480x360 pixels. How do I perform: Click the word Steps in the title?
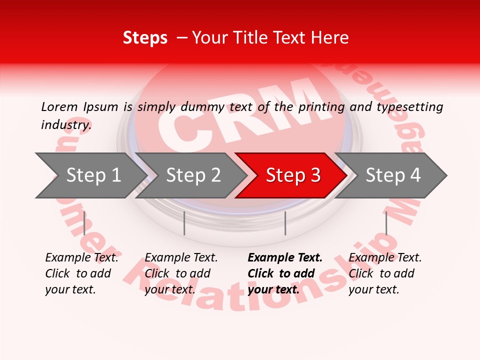click(145, 38)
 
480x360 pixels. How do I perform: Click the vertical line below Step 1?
click(84, 223)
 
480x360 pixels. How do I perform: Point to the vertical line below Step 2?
click(184, 223)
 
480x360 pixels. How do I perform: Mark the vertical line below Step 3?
click(285, 223)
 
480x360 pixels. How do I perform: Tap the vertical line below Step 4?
click(386, 223)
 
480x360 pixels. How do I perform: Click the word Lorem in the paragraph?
click(59, 107)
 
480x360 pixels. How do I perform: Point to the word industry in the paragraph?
click(66, 125)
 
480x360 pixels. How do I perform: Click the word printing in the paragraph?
click(321, 107)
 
